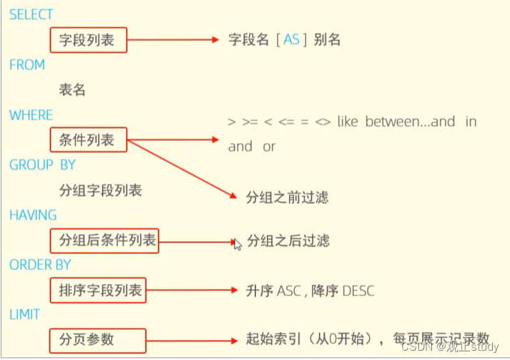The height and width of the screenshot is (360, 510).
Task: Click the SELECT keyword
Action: coord(31,14)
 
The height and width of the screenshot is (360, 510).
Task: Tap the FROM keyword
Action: coord(27,65)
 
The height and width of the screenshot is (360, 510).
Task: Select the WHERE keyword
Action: coord(31,115)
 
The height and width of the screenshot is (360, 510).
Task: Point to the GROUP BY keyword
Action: coord(42,165)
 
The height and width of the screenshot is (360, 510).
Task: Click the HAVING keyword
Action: coord(33,215)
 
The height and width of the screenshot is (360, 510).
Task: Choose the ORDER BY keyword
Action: coord(40,265)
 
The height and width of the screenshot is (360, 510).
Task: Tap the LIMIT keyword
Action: coord(25,315)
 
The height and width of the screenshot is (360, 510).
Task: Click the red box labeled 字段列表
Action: coord(87,40)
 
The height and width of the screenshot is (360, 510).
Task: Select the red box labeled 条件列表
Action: coord(87,140)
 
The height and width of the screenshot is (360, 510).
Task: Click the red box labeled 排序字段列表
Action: coord(98,291)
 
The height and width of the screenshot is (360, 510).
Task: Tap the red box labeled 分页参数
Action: coord(98,340)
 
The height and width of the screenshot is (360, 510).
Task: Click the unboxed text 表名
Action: coord(72,89)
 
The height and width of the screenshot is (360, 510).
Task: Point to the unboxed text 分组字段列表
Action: coord(100,190)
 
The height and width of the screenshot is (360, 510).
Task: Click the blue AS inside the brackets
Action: coord(292,40)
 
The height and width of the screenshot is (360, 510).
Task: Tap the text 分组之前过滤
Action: coord(287,197)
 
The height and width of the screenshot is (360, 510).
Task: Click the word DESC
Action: coord(358,291)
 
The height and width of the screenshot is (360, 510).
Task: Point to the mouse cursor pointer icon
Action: coord(237,244)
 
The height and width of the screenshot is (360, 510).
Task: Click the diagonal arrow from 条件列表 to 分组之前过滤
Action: coord(182,167)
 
